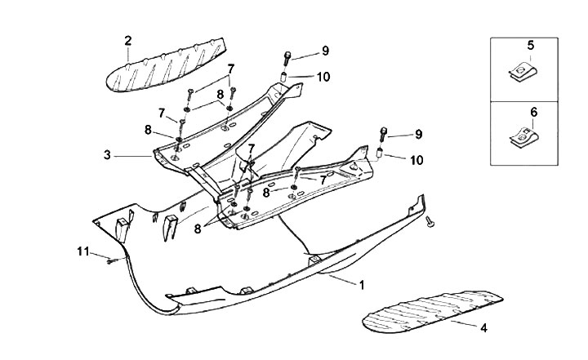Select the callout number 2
pyautogui.click(x=128, y=40)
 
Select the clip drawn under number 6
pyautogui.click(x=525, y=140)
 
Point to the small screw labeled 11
pyautogui.click(x=109, y=260)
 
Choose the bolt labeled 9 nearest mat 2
pyautogui.click(x=287, y=57)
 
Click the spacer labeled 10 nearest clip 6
pyautogui.click(x=381, y=155)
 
